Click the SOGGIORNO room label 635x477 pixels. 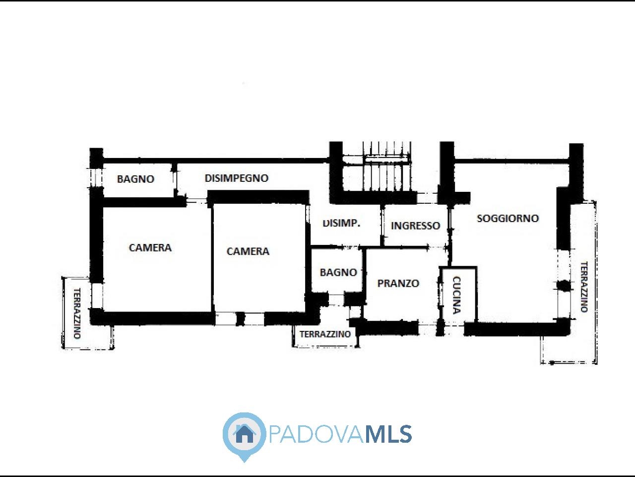pos(508,218)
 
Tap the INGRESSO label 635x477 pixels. pos(415,226)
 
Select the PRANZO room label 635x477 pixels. pos(398,283)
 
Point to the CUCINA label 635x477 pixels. pos(456,295)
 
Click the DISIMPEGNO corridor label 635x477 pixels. pos(237,178)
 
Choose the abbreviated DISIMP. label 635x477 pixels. pos(341,223)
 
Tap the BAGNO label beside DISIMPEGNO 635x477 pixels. pos(135,179)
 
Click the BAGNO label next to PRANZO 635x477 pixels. pos(338,272)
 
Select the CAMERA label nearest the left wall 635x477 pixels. pos(150,248)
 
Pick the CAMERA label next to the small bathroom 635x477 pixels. pos(248,251)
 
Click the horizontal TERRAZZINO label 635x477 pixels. pos(325,334)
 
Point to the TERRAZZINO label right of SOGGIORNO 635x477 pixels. pos(584,287)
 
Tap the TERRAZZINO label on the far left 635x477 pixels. pos(77,314)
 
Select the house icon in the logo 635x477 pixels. pos(245,434)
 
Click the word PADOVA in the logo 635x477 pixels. pos(317,434)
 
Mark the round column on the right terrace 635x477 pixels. pos(564,285)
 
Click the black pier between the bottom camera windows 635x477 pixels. pos(241,318)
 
